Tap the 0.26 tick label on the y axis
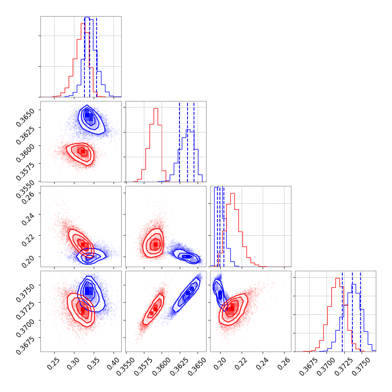[31, 197]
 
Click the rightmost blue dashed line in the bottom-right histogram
[360, 311]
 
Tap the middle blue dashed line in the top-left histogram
[90, 57]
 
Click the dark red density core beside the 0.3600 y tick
[82, 152]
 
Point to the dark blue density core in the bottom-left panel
[89, 291]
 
